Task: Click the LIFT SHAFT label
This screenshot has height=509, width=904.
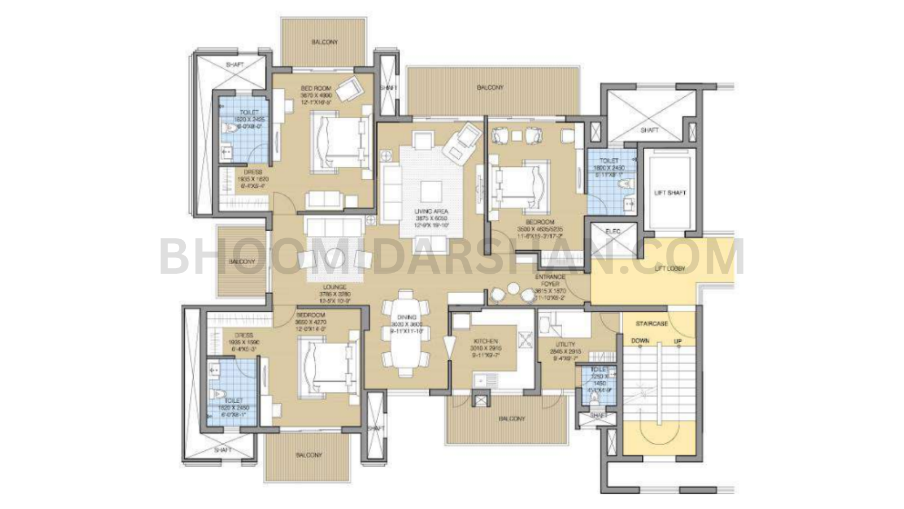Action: pyautogui.click(x=670, y=193)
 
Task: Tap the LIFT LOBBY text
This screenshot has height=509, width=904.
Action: pyautogui.click(x=670, y=269)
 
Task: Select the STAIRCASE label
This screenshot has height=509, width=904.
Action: pyautogui.click(x=651, y=324)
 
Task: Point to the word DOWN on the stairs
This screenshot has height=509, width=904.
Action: pyautogui.click(x=640, y=341)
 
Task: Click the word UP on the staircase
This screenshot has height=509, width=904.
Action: pyautogui.click(x=677, y=342)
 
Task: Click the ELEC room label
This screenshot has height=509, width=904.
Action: pyautogui.click(x=613, y=231)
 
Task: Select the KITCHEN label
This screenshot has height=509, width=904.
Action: pyautogui.click(x=485, y=342)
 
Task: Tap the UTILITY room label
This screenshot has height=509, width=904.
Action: pyautogui.click(x=565, y=344)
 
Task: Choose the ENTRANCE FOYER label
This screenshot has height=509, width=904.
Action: pyautogui.click(x=550, y=281)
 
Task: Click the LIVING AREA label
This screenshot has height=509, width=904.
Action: pyautogui.click(x=431, y=212)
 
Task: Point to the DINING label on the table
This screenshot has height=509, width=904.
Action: pyautogui.click(x=406, y=318)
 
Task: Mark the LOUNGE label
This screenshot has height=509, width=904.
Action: pyautogui.click(x=335, y=287)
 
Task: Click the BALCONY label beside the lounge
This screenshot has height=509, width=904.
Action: pyautogui.click(x=242, y=262)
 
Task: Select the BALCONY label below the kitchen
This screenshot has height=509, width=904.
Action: pyautogui.click(x=511, y=419)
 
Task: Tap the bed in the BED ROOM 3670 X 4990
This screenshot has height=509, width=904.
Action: pyautogui.click(x=338, y=141)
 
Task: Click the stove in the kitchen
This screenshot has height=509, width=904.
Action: pyautogui.click(x=527, y=339)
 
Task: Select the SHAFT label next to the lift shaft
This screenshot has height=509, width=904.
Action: pyautogui.click(x=649, y=131)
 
